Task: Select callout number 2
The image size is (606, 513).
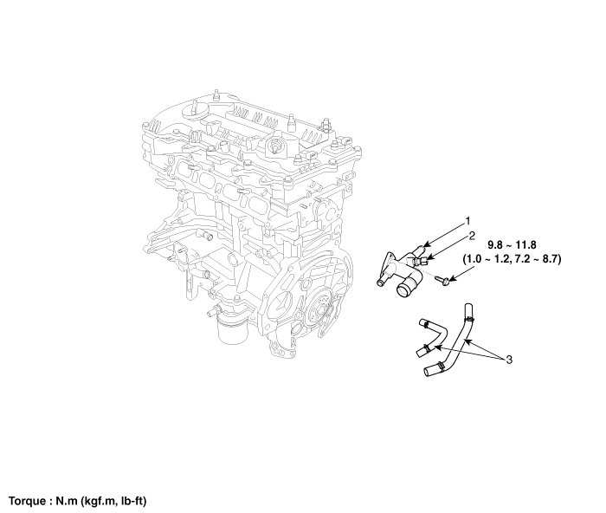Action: pos(472,235)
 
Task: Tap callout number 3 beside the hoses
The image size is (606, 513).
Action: pos(510,358)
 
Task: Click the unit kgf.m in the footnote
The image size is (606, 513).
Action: pos(100,501)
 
